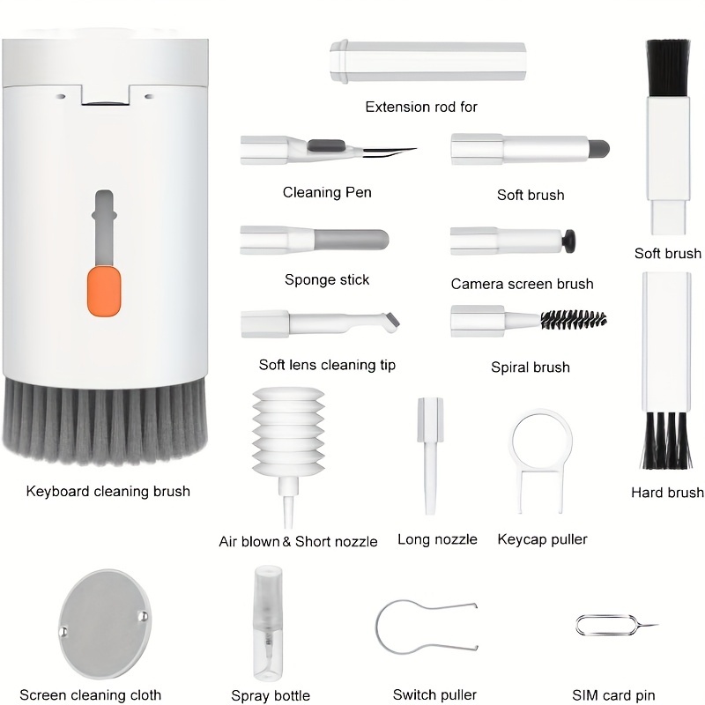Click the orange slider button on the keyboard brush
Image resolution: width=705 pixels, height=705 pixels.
104,291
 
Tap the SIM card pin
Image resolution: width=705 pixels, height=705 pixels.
615,626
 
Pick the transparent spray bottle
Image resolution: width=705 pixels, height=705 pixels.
268,622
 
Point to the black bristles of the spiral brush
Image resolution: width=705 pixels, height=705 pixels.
574,320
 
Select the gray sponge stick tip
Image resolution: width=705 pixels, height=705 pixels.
351,240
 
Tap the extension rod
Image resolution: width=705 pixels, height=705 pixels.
427,62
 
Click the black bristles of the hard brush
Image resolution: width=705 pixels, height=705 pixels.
666,441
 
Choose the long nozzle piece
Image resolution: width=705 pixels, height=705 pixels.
430,455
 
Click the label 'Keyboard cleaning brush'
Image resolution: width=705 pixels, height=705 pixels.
108,492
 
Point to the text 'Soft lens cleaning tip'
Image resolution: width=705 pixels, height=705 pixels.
327,365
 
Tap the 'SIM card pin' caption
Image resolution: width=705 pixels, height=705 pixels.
613,695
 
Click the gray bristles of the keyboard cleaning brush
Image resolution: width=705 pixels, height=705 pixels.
105,420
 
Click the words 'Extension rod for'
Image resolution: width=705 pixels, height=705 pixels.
421,107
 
